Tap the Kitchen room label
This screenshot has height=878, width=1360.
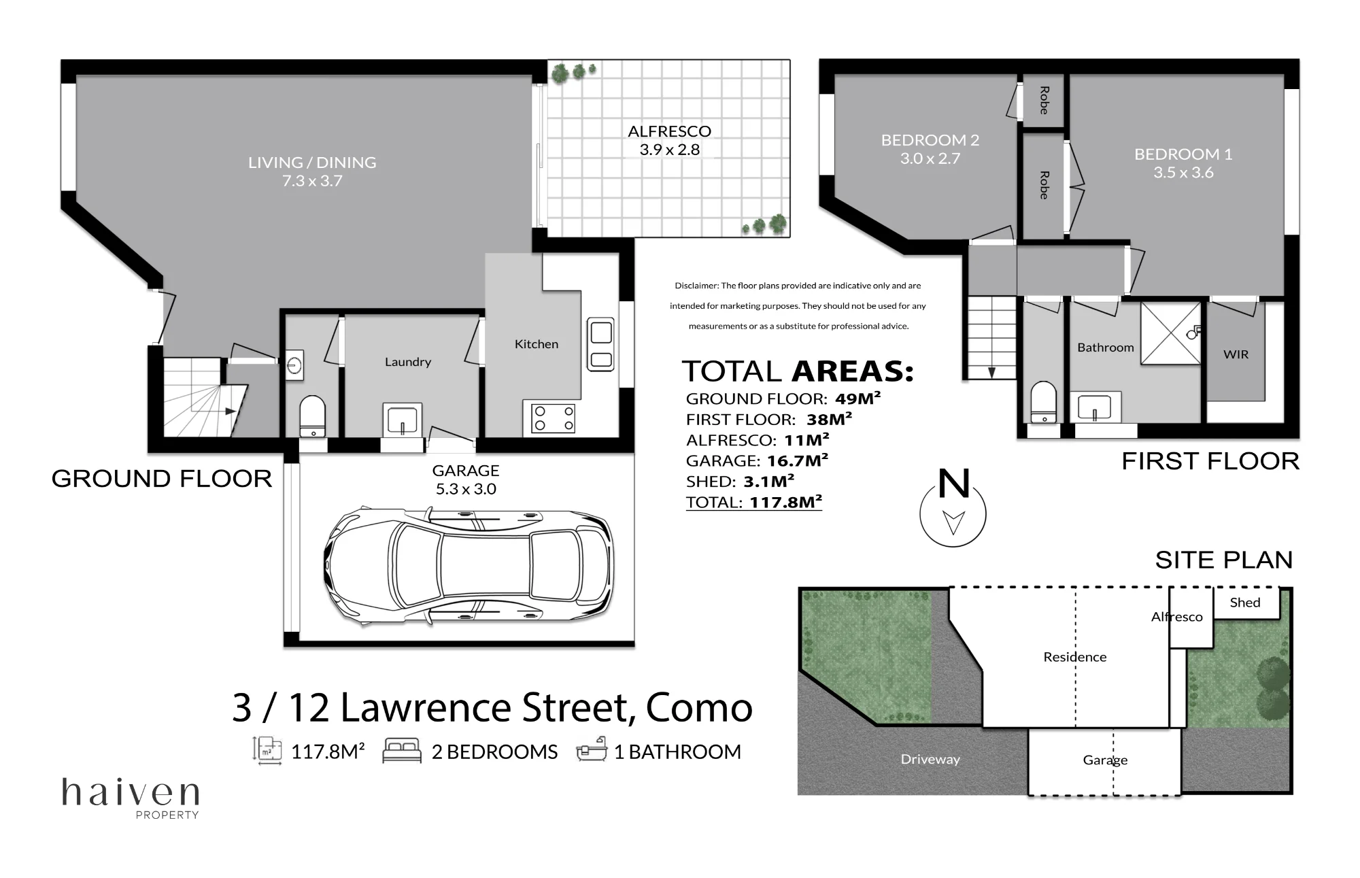pos(537,344)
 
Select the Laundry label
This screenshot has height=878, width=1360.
pos(408,362)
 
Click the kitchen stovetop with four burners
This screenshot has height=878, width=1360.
pos(554,418)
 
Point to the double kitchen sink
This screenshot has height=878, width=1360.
pos(601,344)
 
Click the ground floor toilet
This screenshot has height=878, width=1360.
pos(313,416)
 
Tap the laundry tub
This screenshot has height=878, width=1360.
pos(403,420)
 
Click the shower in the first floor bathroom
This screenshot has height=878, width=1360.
pos(1171,333)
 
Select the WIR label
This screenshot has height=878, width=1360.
pos(1236,354)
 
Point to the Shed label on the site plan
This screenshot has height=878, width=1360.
pos(1245,603)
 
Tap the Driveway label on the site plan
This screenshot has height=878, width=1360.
pos(930,759)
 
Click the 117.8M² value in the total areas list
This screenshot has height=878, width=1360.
pos(786,502)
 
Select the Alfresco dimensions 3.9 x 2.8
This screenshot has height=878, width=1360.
pos(670,150)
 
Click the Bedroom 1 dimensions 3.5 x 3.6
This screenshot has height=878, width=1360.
pos(1183,173)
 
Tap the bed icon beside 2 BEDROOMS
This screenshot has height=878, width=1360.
pos(402,751)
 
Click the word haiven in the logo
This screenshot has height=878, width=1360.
pos(131,792)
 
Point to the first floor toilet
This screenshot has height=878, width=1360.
pos(1044,402)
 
